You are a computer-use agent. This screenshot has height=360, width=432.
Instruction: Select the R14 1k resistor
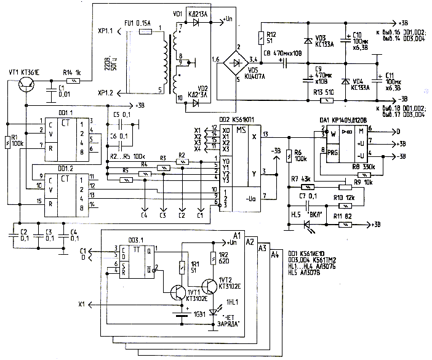[x=74, y=81]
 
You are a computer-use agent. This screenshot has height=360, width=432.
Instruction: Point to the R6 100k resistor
[x=290, y=157]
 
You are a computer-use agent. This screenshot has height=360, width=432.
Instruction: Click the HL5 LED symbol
[x=308, y=225]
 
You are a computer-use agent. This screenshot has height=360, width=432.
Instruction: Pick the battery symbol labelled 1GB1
[x=180, y=316]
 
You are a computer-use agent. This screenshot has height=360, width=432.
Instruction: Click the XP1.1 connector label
[x=105, y=30]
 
